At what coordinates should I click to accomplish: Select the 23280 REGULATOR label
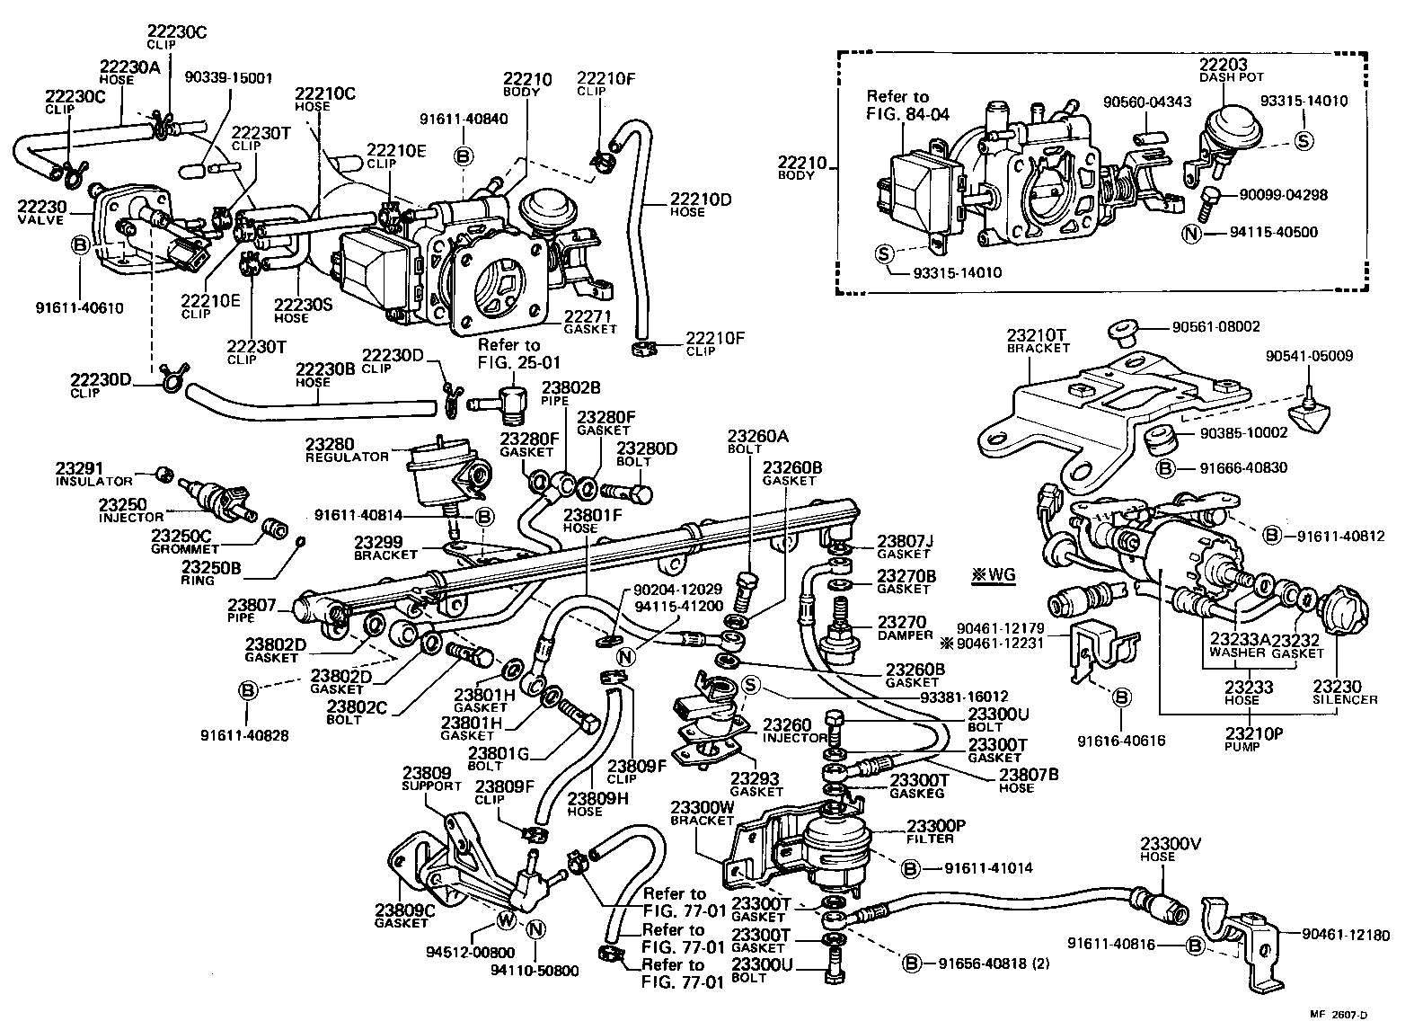coord(347,449)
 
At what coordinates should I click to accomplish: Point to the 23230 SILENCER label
coord(1344,692)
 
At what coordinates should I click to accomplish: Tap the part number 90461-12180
coord(1344,936)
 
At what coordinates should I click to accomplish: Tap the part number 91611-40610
coord(79,307)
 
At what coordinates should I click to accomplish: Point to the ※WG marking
coord(993,574)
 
